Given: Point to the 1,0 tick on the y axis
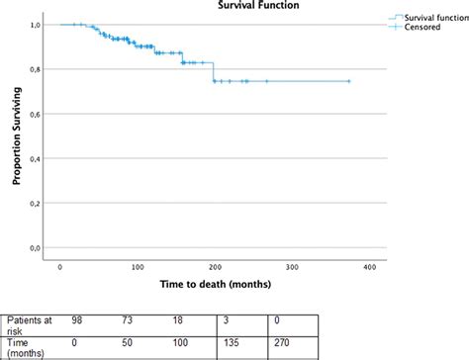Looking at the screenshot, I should (36, 25).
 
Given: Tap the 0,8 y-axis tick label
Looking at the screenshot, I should (36, 69).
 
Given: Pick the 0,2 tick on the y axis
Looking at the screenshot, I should (36, 203).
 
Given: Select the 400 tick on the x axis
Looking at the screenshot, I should (368, 267).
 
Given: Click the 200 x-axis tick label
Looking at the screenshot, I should (215, 267).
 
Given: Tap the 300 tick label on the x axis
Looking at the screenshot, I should (291, 267).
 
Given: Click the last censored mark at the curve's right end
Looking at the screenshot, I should (348, 81).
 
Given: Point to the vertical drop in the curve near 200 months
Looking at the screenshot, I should (213, 71).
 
